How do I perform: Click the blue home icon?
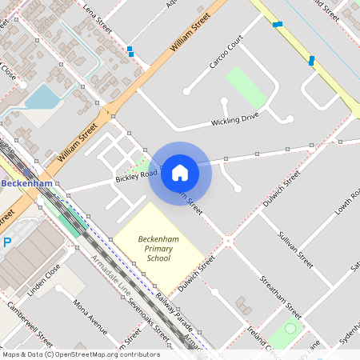[x=180, y=173]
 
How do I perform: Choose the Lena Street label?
[x=98, y=18]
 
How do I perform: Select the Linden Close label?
[x=43, y=278]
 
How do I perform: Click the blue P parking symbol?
[x=7, y=242]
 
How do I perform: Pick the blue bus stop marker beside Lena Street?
[x=130, y=51]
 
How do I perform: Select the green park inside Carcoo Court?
[x=246, y=87]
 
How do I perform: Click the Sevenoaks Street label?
[x=151, y=318]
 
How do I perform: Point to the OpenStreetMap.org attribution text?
[x=81, y=354]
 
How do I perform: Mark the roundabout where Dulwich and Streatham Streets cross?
[x=229, y=239]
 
